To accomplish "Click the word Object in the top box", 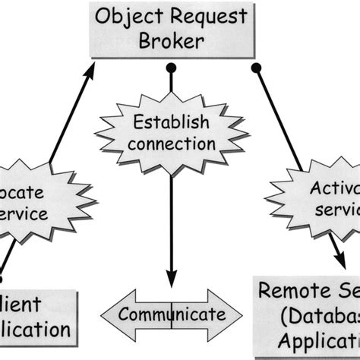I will pos(128,15).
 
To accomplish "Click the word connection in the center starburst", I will pos(172,142).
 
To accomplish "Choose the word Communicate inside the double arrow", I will pos(172,314).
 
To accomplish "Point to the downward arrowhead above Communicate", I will pos(172,280).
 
